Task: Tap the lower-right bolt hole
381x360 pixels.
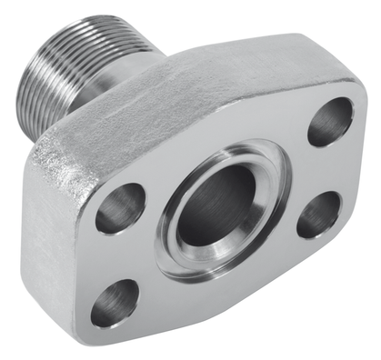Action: click(x=318, y=215)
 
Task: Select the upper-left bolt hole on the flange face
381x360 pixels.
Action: click(x=120, y=207)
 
